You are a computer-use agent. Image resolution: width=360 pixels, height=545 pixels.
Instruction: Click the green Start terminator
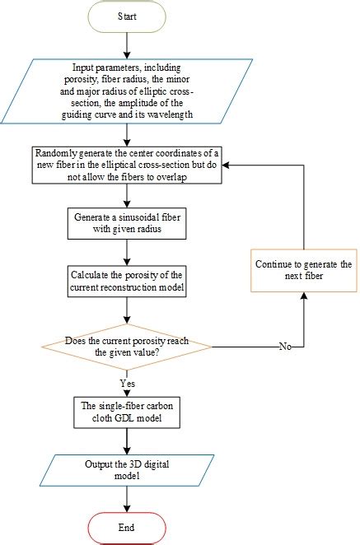pyautogui.click(x=126, y=15)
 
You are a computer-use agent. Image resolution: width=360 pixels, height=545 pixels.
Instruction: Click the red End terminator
pyautogui.click(x=126, y=527)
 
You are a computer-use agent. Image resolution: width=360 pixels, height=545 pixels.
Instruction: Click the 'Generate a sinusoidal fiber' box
pyautogui.click(x=126, y=222)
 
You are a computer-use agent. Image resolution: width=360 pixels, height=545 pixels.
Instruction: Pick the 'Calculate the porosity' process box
pyautogui.click(x=126, y=279)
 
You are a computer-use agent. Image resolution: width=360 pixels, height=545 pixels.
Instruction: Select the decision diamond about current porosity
pyautogui.click(x=126, y=345)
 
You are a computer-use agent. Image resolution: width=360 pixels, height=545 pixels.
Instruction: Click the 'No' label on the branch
pyautogui.click(x=285, y=347)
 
